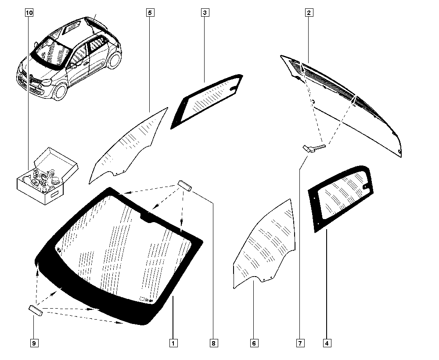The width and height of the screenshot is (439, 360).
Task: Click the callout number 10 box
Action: (x=29, y=13)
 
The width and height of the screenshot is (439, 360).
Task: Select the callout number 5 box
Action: (x=150, y=13)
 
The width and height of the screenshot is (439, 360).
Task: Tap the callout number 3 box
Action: (x=205, y=13)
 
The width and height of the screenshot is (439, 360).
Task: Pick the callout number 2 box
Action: (x=309, y=13)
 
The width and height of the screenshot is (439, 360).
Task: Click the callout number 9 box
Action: (x=34, y=343)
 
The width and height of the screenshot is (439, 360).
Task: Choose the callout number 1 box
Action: (x=173, y=343)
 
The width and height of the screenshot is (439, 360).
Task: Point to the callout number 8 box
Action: (x=214, y=343)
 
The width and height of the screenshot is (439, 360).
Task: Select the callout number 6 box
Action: (x=254, y=343)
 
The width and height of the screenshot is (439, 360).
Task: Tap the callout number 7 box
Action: (x=300, y=343)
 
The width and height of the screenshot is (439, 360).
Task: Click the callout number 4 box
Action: (x=327, y=343)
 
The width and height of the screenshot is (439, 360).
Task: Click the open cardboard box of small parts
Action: (x=47, y=177)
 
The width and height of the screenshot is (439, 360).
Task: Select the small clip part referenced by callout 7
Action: (x=314, y=148)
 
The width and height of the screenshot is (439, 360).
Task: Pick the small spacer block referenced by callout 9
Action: (x=36, y=310)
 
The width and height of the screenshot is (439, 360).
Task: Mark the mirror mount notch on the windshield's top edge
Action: (x=148, y=217)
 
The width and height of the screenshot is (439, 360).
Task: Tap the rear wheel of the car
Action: (x=114, y=60)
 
